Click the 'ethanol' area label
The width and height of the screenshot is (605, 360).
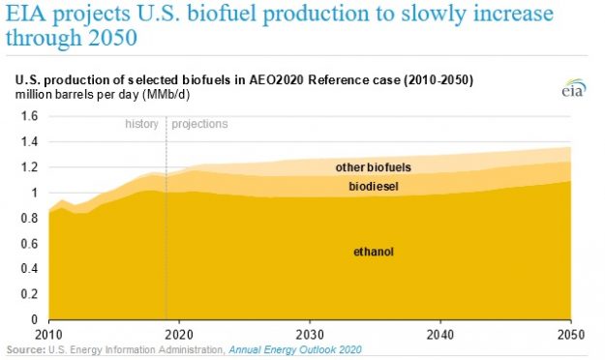(x=374, y=253)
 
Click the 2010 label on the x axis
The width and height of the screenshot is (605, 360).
(x=48, y=332)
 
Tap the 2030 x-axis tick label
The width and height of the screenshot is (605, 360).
(x=310, y=332)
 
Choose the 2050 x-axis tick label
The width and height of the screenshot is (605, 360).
(x=571, y=332)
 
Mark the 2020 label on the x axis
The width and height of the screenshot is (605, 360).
(x=179, y=332)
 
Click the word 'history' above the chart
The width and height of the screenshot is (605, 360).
(x=141, y=124)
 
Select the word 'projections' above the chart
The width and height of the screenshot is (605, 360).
(x=199, y=124)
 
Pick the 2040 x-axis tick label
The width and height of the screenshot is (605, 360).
(x=440, y=332)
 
